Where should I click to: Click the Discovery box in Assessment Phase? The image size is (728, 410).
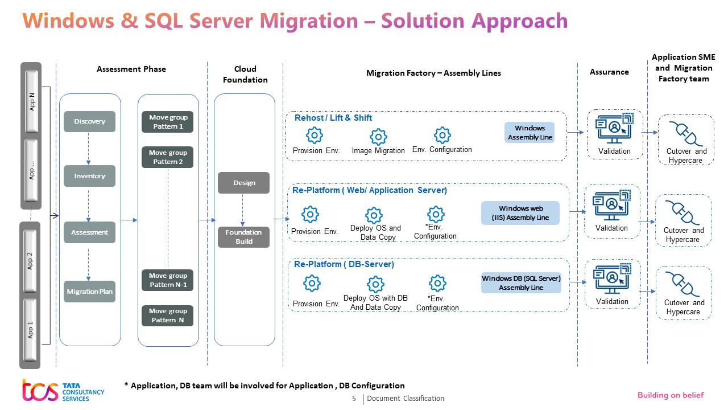pos(89,121)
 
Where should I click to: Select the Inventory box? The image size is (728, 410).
pos(89,176)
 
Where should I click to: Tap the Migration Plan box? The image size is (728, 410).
pos(89,292)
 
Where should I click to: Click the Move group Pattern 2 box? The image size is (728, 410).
pos(168,157)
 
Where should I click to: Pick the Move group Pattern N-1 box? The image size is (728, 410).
pos(168,280)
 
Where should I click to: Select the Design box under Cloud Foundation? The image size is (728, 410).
pos(243,183)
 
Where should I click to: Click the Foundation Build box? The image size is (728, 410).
pos(243,237)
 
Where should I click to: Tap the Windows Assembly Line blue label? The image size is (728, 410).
pos(530,133)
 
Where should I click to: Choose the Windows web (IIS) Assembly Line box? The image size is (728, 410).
pos(520,213)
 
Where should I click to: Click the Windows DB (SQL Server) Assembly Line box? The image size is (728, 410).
pos(521,283)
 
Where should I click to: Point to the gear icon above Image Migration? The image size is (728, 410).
pos(378,137)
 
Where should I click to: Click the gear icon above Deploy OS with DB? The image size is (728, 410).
pos(375,284)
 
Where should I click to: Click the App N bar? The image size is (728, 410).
pos(32,104)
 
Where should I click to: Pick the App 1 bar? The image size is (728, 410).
pos(31,330)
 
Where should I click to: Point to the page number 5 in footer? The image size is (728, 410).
pos(354,399)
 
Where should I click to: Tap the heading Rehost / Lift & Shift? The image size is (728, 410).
pos(333,118)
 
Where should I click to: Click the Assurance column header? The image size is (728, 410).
pos(609,72)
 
